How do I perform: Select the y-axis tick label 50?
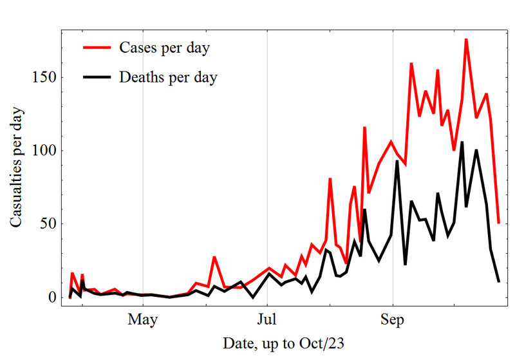coord(49,224)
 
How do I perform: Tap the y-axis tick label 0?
coord(53,298)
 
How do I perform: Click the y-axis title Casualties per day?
coord(17,167)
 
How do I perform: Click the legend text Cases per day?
coord(165,48)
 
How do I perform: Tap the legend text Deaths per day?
coord(168,78)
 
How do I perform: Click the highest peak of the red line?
coord(466,39)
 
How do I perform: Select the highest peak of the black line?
coord(462,142)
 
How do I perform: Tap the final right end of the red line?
coord(499,223)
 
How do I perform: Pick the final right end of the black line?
coord(499,281)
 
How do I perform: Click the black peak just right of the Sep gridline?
coord(397,161)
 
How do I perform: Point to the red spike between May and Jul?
coord(214,257)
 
